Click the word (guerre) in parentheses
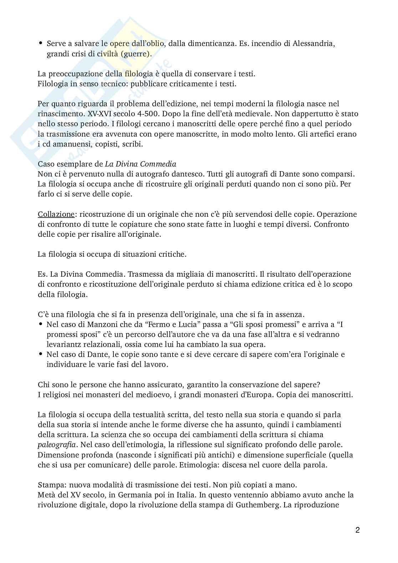[137, 54]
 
